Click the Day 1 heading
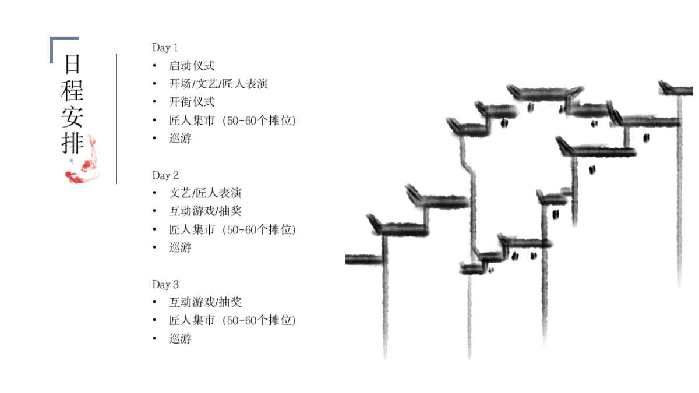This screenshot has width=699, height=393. [165, 48]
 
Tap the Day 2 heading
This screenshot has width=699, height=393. [165, 175]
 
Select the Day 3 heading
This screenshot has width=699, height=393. [165, 285]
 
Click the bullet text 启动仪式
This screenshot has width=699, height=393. [192, 66]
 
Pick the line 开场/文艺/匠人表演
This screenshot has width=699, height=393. [218, 84]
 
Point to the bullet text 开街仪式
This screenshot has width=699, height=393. [192, 102]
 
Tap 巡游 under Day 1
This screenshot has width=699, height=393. [180, 139]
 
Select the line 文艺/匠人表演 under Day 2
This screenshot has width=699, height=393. [205, 193]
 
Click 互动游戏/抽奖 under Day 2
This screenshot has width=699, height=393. [205, 211]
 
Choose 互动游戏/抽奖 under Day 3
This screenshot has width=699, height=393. [205, 302]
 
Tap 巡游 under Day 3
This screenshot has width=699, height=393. [180, 338]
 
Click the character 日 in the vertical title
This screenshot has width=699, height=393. [73, 63]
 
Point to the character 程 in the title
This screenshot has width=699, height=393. [73, 91]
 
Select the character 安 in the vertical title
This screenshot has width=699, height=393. [73, 117]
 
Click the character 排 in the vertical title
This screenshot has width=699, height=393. [73, 143]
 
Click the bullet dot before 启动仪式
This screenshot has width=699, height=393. [154, 66]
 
